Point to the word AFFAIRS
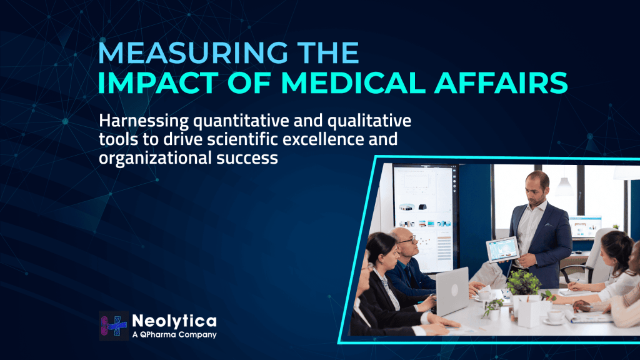[x=501, y=83]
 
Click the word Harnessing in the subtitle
[x=144, y=121]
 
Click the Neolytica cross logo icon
[x=114, y=326]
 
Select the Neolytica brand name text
[x=174, y=321]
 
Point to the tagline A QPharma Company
[x=174, y=335]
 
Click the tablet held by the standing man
[x=502, y=249]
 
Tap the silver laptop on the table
[x=452, y=291]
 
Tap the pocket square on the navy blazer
[x=549, y=224]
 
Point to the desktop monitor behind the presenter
[x=585, y=227]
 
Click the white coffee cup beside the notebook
[x=555, y=316]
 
